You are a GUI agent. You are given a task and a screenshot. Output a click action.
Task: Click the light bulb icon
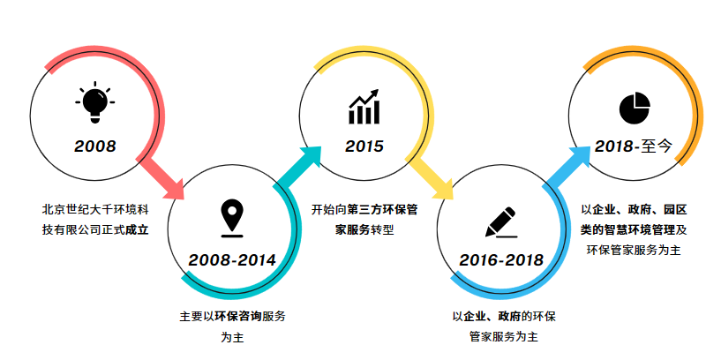[x=94, y=102]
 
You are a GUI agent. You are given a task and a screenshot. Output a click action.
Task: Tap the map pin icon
[x=232, y=219]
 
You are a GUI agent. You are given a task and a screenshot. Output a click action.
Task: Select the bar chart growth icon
[x=364, y=107]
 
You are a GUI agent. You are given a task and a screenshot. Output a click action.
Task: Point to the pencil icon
[x=500, y=222]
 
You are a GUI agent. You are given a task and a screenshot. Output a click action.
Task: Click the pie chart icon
[x=635, y=108]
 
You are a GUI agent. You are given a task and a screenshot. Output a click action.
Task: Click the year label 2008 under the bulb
[x=95, y=146]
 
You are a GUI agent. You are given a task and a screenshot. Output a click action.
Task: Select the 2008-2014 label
[x=232, y=260]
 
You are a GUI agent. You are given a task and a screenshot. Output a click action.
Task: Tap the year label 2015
[x=364, y=146]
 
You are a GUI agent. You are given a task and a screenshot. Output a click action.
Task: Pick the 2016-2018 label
[x=501, y=260]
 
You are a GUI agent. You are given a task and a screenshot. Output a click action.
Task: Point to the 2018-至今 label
[x=634, y=146]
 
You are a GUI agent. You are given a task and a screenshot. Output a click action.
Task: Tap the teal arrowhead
[x=311, y=157]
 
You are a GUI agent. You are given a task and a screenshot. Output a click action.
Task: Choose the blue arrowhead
[x=580, y=158]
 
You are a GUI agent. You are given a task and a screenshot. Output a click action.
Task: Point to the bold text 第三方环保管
[x=383, y=210]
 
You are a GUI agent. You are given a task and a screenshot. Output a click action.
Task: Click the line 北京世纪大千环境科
[x=95, y=210]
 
